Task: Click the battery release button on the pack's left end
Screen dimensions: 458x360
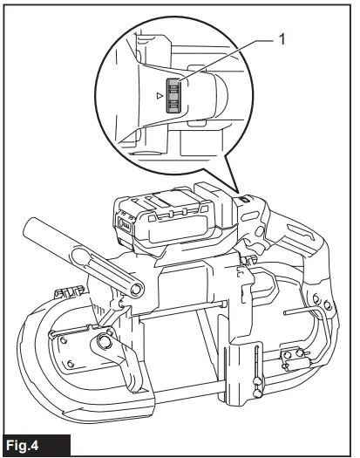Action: pos(123,229)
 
